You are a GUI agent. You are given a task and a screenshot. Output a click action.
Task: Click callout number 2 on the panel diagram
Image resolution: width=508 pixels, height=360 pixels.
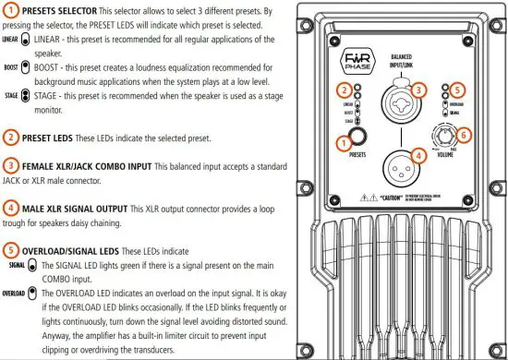tap(343, 90)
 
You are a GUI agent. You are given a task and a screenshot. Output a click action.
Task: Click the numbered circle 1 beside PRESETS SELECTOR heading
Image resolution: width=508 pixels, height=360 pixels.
tap(10, 11)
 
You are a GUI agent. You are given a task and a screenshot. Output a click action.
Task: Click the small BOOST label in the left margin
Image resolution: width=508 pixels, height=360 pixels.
tap(10, 68)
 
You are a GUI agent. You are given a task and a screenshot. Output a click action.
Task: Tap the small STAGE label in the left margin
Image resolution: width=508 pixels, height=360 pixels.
tap(10, 95)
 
